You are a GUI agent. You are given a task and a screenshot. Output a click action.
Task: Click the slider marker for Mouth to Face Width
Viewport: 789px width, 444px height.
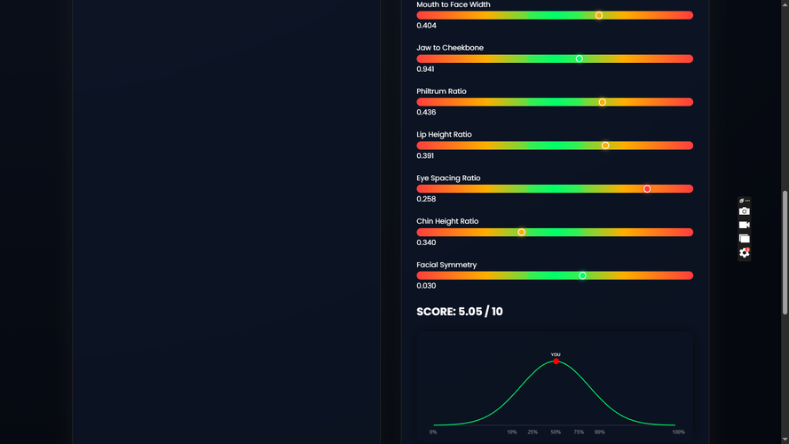(x=599, y=15)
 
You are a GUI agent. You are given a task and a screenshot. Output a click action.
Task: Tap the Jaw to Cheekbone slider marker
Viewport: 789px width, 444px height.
(x=580, y=59)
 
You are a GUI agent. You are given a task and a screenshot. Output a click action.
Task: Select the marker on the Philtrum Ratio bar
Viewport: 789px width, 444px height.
(x=603, y=102)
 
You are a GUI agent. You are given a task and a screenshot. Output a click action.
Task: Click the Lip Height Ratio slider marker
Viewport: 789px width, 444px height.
(x=605, y=146)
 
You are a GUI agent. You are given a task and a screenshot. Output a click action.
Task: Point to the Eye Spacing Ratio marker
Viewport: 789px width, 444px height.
(x=647, y=189)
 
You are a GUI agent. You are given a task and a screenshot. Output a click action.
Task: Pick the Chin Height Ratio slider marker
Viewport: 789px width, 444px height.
(x=522, y=233)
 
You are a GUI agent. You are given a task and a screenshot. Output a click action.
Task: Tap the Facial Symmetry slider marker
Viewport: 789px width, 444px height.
(x=582, y=275)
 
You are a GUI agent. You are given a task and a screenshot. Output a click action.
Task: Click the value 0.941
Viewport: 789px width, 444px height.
(x=426, y=69)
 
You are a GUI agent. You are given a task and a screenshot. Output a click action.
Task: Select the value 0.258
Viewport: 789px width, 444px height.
(x=426, y=199)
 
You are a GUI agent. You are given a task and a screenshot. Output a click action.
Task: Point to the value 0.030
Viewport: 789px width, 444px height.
(x=426, y=286)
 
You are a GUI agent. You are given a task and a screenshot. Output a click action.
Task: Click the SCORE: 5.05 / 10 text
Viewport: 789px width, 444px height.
(x=460, y=312)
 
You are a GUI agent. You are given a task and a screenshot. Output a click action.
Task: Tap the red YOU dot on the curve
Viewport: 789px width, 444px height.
(x=556, y=361)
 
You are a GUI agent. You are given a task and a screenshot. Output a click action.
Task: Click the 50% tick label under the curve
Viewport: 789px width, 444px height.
(x=556, y=432)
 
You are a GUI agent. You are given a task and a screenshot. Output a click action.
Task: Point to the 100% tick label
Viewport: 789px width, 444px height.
(x=678, y=432)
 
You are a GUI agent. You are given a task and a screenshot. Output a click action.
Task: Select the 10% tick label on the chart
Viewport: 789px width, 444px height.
(x=512, y=432)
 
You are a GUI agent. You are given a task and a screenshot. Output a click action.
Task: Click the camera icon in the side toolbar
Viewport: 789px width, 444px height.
(x=745, y=211)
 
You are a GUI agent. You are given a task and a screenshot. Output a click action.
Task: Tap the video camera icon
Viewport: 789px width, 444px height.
(x=745, y=225)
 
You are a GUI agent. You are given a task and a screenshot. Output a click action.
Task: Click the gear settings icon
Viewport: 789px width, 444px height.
(x=745, y=253)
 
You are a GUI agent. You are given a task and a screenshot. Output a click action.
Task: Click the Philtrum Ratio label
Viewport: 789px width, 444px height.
(x=441, y=91)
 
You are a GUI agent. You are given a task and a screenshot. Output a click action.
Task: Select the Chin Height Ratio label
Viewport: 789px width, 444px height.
(x=447, y=221)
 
